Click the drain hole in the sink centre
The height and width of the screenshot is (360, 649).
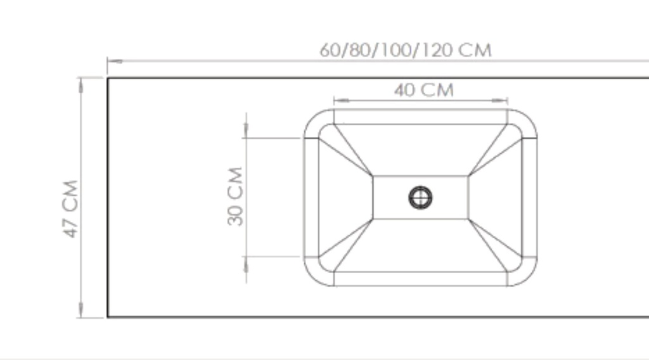coord(421,198)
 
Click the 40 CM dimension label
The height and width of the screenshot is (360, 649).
coord(424,90)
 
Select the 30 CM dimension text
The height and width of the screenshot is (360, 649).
coord(235,196)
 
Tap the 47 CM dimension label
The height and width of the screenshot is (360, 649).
coord(70,209)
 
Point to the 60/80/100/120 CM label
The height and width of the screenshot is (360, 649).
coord(406,50)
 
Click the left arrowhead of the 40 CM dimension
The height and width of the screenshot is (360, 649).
coord(342,100)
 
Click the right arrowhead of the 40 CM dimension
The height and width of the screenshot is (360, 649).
coord(499,100)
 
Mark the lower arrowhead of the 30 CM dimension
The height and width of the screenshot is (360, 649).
coord(247,264)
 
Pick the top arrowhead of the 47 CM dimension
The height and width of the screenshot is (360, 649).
coord(80,85)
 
